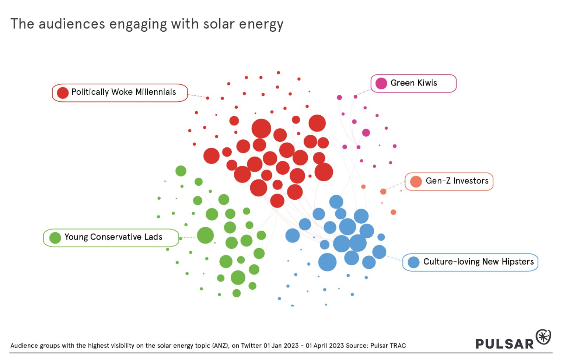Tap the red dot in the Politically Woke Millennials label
pos(63,93)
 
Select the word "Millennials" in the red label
pos(156,92)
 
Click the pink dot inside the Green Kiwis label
pos(381,83)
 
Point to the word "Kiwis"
pos(427,83)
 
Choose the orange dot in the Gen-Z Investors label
pos(416,182)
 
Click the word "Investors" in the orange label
pos(471,181)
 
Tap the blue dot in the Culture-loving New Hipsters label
pos(413,262)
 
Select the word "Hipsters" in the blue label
pos(517,262)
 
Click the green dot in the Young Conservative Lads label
pos(55,238)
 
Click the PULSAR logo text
pos(504,344)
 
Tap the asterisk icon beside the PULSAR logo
pos(543,337)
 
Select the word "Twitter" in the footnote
pos(251,346)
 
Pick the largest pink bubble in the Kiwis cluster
pos(366,133)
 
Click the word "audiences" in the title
pos(72,24)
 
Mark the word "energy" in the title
pos(261,25)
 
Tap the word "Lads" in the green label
pos(153,237)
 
